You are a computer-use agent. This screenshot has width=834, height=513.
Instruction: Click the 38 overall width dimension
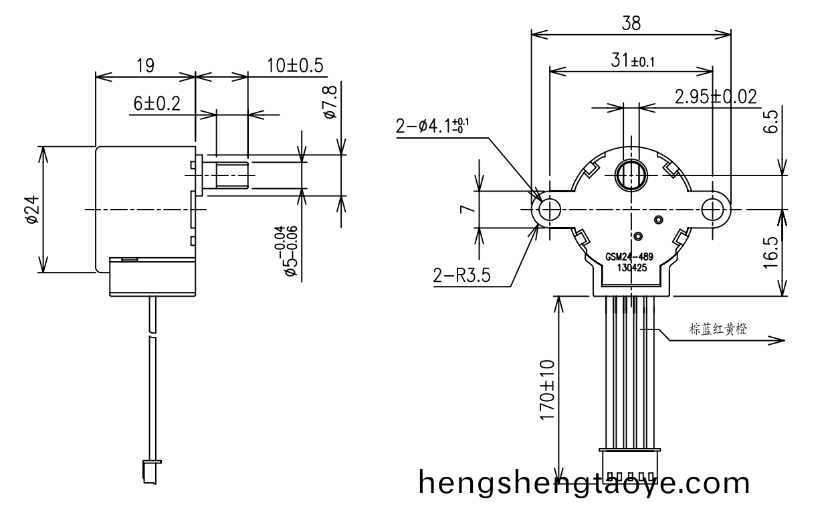tap(630, 23)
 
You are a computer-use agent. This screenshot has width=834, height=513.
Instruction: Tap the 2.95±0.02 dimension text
tap(716, 97)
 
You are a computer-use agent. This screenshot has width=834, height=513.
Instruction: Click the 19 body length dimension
tap(145, 66)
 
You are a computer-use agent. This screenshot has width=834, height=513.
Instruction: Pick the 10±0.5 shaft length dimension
tap(295, 66)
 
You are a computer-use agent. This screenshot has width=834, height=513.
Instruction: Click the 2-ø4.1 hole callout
tap(433, 126)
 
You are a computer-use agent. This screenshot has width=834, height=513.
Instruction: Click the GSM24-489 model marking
tap(629, 256)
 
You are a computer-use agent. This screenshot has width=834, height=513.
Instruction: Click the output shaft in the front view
tap(629, 175)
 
